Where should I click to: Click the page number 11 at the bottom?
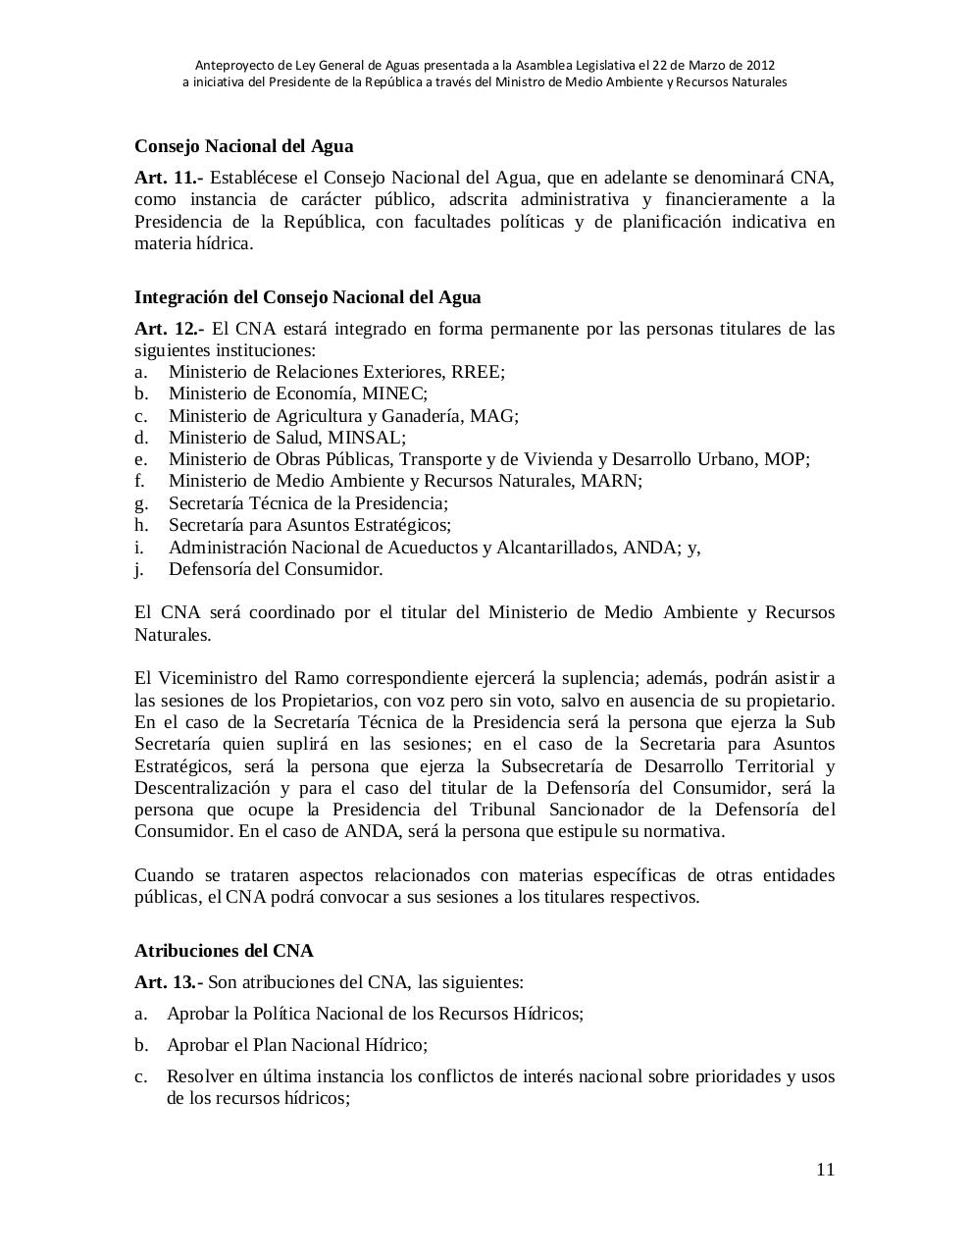point(825,1169)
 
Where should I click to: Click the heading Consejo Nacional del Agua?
point(243,146)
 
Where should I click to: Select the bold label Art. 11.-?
point(169,178)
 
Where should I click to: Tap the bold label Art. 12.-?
point(169,328)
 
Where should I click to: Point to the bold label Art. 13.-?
point(169,981)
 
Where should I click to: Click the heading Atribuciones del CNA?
point(224,950)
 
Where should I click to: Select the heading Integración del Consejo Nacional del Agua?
point(307,296)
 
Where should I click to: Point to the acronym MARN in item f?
point(609,481)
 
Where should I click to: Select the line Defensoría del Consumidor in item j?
point(276,569)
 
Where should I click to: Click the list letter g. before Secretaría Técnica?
point(141,503)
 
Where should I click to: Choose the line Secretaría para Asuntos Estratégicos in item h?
point(309,525)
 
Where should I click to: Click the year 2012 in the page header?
point(760,65)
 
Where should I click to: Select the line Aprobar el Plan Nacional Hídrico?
point(296,1044)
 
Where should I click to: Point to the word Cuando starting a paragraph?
point(164,874)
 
